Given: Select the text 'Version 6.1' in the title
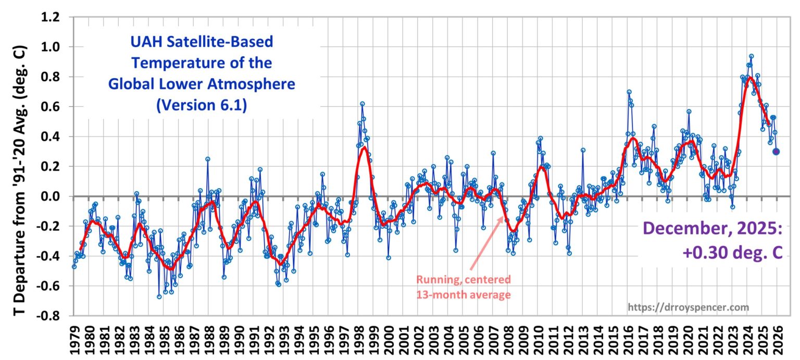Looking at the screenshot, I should pos(202,105).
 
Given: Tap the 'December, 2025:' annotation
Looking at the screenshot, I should pos(712,229).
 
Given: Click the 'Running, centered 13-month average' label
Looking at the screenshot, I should pos(464,287).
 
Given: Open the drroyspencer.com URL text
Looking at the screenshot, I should pos(689,307).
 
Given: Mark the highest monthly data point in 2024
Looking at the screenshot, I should pos(751,56).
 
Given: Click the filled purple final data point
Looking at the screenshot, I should pos(776,152).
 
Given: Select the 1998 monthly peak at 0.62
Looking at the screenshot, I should pos(362,104).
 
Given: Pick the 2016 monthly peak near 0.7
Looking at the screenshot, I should pos(629,92).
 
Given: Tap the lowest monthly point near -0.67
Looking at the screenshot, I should pos(159,296).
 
